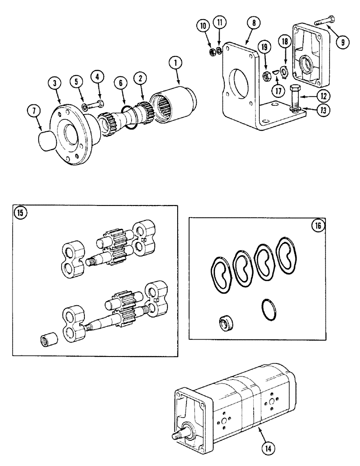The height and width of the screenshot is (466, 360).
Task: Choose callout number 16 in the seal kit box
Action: click(x=318, y=226)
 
